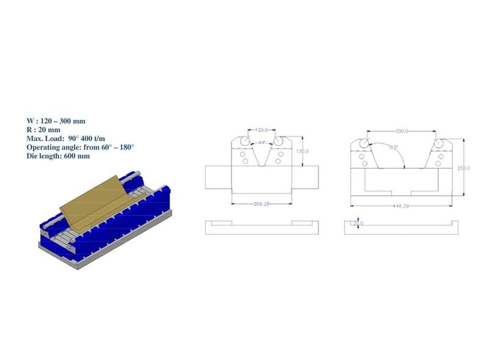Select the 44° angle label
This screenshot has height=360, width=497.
click(262, 143)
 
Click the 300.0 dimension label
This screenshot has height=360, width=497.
click(402, 131)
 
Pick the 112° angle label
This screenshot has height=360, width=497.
click(393, 148)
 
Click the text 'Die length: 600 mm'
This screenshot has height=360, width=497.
click(58, 156)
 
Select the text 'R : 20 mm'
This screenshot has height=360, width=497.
click(44, 129)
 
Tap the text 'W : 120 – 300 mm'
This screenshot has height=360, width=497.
click(55, 120)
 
